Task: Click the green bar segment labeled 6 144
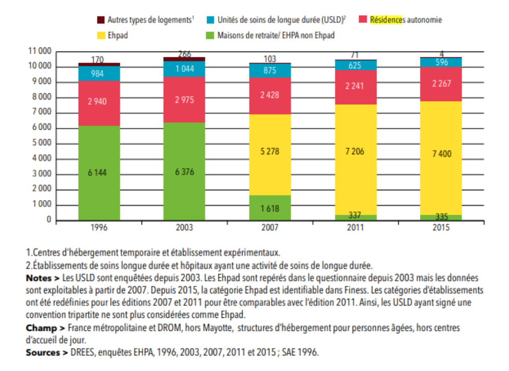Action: click(99, 173)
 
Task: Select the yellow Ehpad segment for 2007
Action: click(270, 155)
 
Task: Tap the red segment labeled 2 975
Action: click(184, 100)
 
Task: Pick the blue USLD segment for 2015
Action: click(441, 62)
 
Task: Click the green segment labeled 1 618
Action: click(270, 208)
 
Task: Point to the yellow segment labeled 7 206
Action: click(356, 159)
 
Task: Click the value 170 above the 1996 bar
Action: click(97, 59)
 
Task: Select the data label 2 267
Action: click(441, 83)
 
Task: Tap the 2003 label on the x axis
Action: click(184, 227)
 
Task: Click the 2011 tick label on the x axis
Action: click(355, 227)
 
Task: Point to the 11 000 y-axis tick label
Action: click(40, 51)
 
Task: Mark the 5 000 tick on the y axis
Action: click(42, 143)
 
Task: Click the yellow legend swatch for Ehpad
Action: click(101, 35)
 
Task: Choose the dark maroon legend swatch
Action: click(101, 20)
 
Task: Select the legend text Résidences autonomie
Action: click(406, 20)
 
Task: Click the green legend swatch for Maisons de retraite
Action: click(210, 35)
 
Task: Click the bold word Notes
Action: click(39, 278)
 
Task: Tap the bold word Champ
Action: click(41, 328)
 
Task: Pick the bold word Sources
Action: click(43, 352)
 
